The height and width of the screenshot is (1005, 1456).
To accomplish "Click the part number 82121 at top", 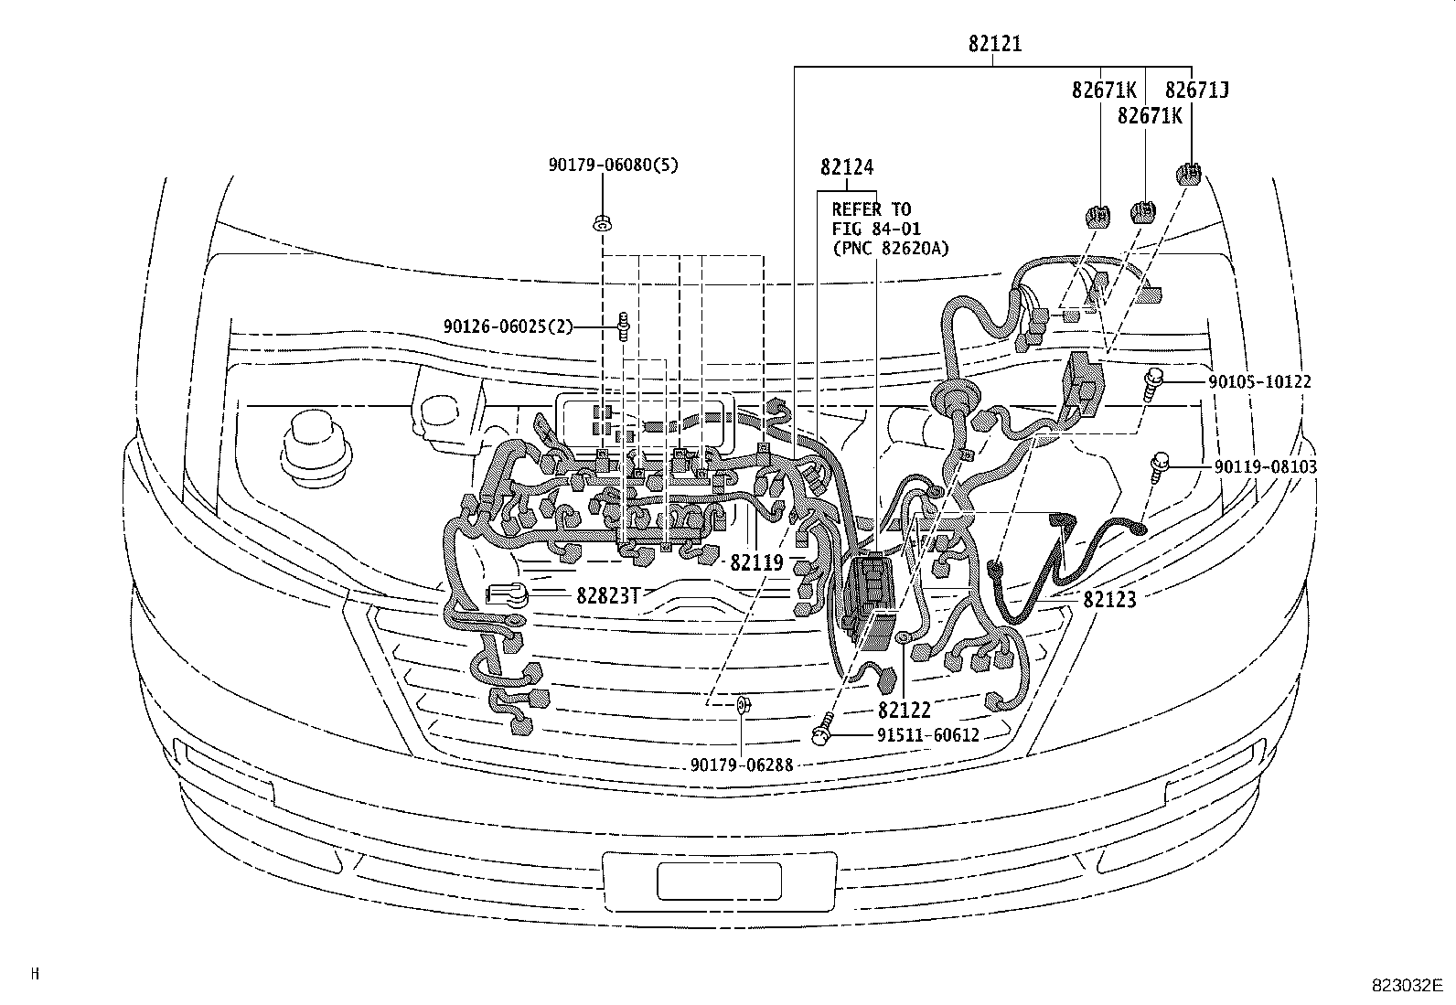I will (x=995, y=43).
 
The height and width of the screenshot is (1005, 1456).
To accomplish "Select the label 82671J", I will (x=1196, y=90).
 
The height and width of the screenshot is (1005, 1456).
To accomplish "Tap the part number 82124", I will (x=846, y=167).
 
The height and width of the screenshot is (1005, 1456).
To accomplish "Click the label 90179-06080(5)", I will (x=614, y=165).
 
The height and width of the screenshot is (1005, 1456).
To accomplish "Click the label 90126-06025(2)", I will (x=508, y=326).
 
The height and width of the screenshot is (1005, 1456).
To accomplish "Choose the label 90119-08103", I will (x=1266, y=466).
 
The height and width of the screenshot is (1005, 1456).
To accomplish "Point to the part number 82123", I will (x=1109, y=600).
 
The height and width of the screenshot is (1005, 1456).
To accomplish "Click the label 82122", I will (x=904, y=709).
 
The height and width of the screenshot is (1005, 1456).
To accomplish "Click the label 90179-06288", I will (x=742, y=764).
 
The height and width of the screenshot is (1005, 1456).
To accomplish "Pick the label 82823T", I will (x=605, y=595).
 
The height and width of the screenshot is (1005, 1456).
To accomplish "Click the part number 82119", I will (x=756, y=563).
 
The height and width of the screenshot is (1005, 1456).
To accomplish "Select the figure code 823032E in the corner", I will (x=1407, y=986).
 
